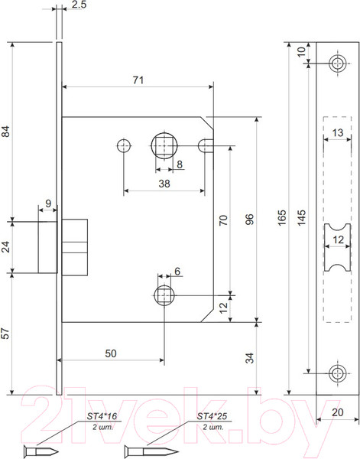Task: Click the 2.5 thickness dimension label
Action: (79, 5)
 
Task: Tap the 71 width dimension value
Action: (138, 80)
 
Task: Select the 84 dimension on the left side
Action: (6, 131)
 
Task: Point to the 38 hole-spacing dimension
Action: (164, 184)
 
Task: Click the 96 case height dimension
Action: (249, 220)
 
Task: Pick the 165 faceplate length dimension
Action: (282, 217)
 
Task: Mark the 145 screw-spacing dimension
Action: (301, 217)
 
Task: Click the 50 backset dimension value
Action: (111, 353)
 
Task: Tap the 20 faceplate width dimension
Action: (338, 412)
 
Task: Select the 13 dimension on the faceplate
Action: (338, 132)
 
